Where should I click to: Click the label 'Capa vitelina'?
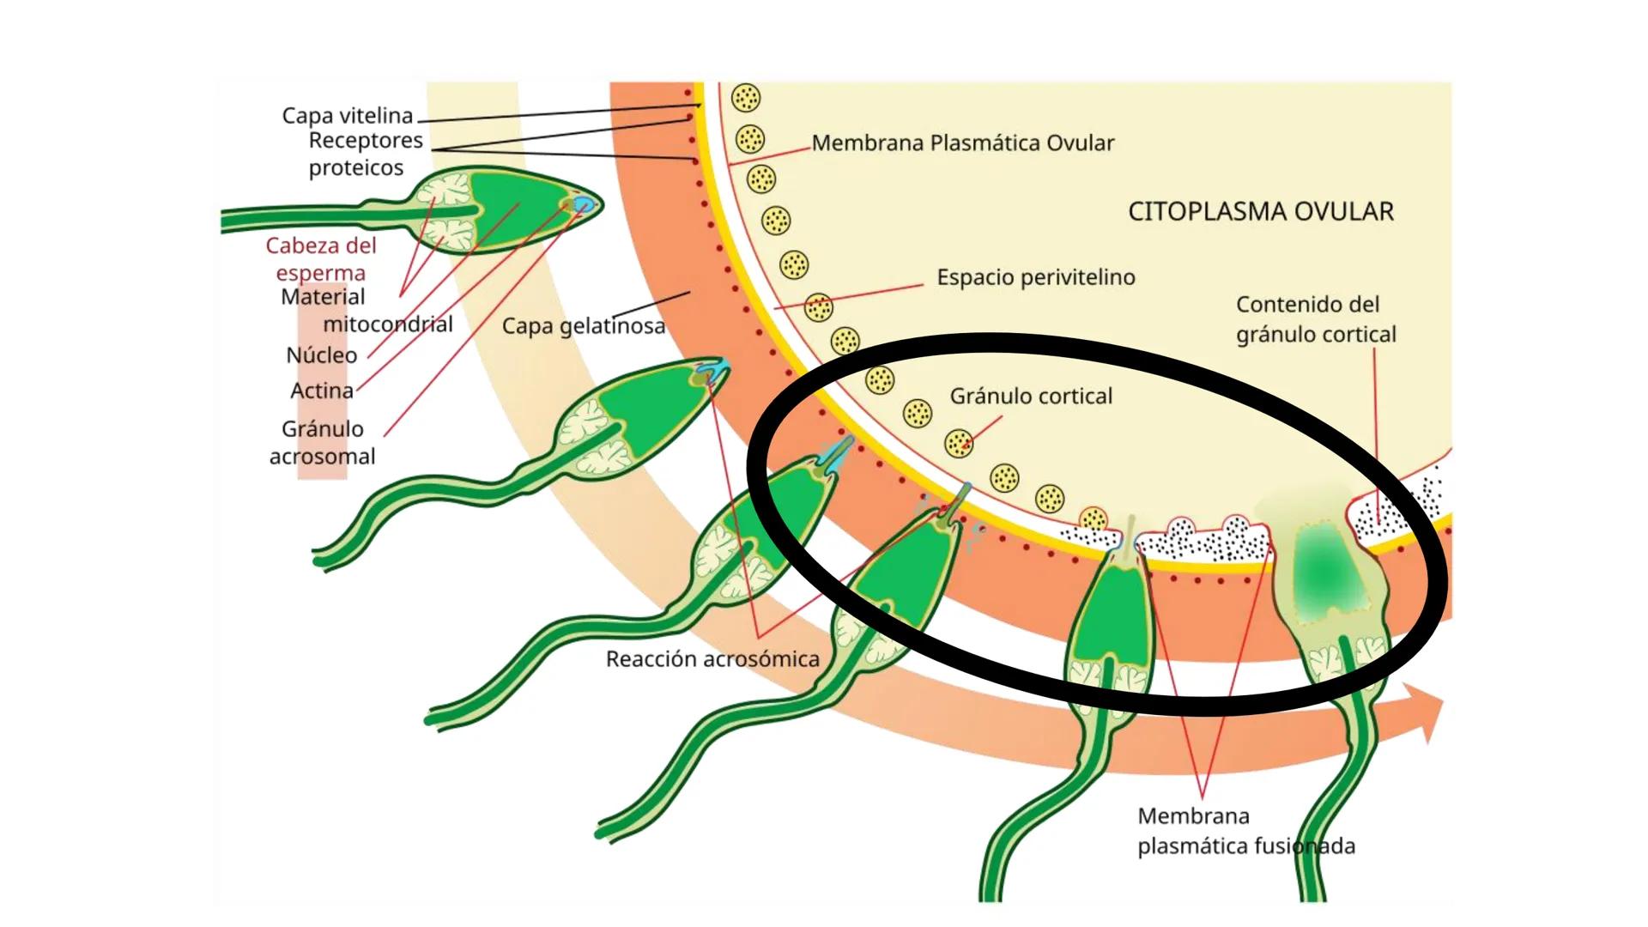(347, 115)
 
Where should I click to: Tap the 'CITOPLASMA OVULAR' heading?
(1260, 211)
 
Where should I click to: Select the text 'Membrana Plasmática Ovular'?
(962, 142)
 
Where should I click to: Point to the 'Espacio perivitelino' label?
(1035, 277)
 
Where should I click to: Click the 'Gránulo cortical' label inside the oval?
(1030, 396)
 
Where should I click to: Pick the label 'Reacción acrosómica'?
(712, 659)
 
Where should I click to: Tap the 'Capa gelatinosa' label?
(583, 326)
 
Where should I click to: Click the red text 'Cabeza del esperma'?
(320, 258)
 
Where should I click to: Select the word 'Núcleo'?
(321, 354)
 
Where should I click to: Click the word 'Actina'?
(321, 391)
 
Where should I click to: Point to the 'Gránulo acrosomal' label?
(322, 442)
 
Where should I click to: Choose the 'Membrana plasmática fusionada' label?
(1245, 831)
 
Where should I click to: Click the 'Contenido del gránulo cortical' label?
(1315, 319)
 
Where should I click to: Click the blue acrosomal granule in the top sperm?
(585, 204)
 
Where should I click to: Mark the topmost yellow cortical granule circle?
(745, 98)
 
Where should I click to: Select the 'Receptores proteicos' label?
(365, 154)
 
